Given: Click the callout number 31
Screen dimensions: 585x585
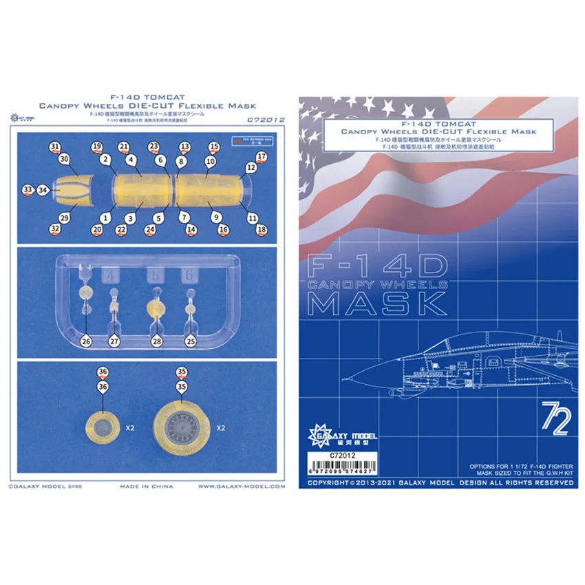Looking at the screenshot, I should [55, 147].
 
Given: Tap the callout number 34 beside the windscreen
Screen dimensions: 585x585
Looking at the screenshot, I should [43, 189].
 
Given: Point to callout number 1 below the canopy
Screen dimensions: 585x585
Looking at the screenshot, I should [105, 216].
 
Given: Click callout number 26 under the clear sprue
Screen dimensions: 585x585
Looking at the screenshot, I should [86, 340].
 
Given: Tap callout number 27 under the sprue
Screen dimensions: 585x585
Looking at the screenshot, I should [115, 341].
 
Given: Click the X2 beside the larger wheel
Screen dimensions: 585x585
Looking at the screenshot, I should [222, 427].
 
